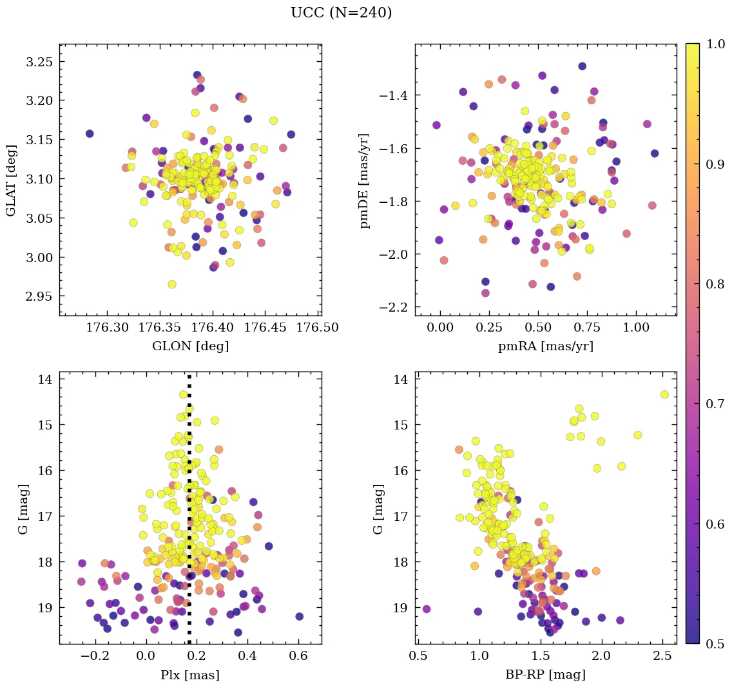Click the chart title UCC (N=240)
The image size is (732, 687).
point(342,13)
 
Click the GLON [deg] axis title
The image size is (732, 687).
point(190,346)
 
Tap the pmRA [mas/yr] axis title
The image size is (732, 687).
point(546,346)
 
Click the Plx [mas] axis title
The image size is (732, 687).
point(190,675)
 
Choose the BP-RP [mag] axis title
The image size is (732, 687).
point(546,675)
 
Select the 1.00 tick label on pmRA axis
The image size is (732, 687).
point(636,328)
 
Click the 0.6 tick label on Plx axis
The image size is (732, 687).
point(298,657)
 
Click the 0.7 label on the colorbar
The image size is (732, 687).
point(715,404)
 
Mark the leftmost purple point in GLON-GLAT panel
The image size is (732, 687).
point(90,133)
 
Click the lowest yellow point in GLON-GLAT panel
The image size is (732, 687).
point(172,284)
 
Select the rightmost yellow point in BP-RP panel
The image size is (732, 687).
point(664,394)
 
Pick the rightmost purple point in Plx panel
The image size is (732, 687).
point(299,616)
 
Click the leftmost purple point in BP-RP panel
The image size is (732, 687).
point(426,608)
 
